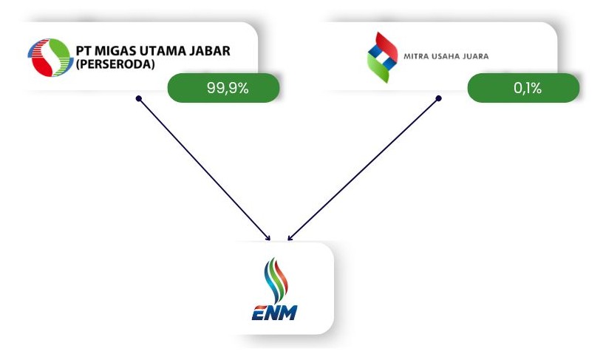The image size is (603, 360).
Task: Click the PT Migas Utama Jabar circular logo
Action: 49,57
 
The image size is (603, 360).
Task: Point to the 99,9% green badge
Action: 224,89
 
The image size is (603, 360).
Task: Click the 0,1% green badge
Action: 523,89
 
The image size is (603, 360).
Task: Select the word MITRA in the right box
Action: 415,55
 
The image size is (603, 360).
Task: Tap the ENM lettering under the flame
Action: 274,313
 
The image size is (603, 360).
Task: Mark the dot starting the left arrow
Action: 138,98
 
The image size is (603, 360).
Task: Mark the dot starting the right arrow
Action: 438,98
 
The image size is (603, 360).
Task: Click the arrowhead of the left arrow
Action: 269,238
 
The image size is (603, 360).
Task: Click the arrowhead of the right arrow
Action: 290,238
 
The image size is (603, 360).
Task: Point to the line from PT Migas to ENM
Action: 203,168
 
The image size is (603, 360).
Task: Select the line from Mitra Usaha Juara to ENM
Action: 364,168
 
